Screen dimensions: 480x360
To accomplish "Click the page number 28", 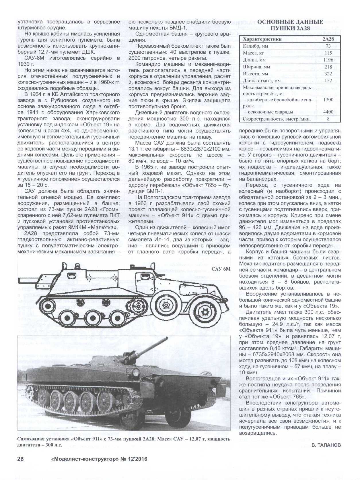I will pos(20,459).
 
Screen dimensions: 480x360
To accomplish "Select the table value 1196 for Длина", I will pos(328,60).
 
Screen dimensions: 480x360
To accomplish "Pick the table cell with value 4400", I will pos(328,112).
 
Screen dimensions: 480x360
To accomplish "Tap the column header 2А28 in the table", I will pos(328,39).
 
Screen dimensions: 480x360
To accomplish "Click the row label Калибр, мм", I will pos(255,46).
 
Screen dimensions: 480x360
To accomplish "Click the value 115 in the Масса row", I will pos(328,53).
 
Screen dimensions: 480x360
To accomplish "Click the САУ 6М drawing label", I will pos(221,269).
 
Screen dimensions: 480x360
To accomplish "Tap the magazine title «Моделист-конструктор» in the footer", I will pos(85,459).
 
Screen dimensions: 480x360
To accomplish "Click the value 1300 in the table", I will pos(328,100).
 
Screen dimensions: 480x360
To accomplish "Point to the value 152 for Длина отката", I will pos(328,80).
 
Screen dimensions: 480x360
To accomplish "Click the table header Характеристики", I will pos(262,39).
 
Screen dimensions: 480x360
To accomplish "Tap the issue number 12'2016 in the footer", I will pos(137,459).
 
